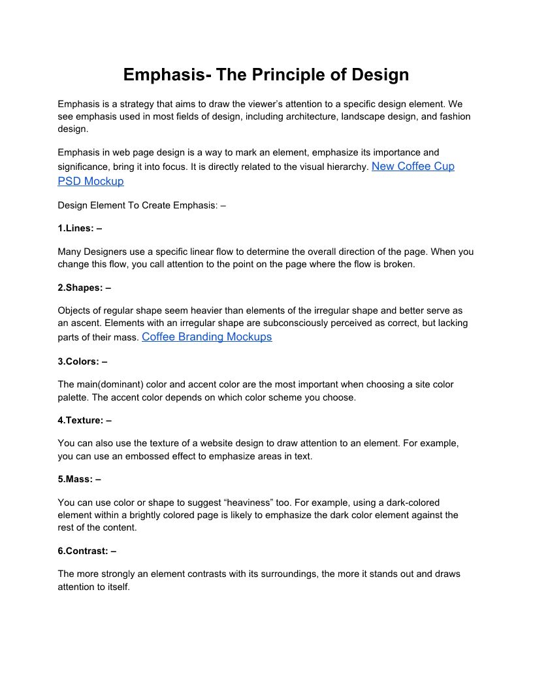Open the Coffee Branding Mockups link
point(206,337)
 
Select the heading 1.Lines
point(80,228)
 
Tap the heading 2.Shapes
point(84,287)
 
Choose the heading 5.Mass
point(79,479)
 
